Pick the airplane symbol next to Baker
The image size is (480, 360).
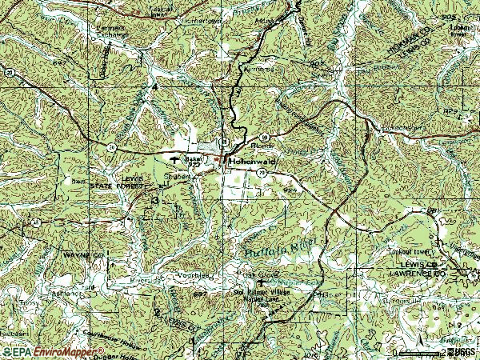(172, 158)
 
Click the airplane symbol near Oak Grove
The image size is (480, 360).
(259, 282)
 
